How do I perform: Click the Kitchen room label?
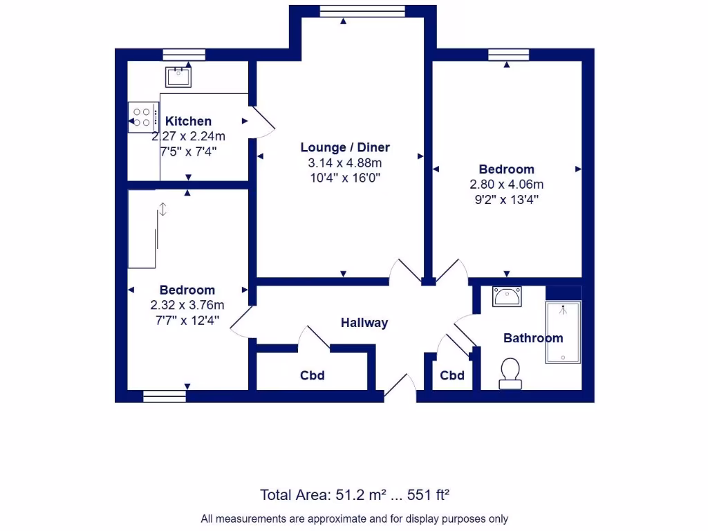tap(188, 121)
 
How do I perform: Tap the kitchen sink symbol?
tap(178, 76)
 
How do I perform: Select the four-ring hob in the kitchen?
tap(143, 117)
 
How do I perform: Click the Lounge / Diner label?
tap(345, 147)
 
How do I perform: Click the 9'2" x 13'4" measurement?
tap(507, 199)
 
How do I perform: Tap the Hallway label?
tap(364, 323)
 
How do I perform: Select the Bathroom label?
tap(532, 338)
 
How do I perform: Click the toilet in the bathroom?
tap(511, 373)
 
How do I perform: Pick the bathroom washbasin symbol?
tap(507, 297)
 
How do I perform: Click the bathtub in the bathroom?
tap(563, 332)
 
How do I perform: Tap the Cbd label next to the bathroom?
tap(452, 375)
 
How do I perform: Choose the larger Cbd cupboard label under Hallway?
tap(312, 375)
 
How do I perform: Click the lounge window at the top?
tap(362, 11)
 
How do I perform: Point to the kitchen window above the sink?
tap(184, 55)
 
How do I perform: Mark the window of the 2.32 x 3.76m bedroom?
tap(165, 396)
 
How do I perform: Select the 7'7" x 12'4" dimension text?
tap(187, 319)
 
